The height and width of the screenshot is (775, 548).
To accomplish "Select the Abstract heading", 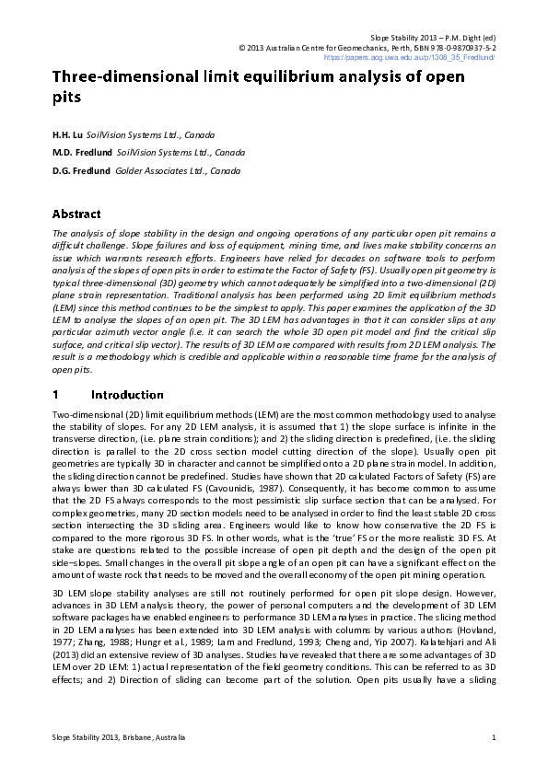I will [x=76, y=214].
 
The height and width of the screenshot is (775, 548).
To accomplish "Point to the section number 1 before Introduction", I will [x=56, y=394].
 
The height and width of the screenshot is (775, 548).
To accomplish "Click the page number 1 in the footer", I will [x=495, y=737].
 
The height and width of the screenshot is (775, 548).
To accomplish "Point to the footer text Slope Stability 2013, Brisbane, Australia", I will [x=119, y=737].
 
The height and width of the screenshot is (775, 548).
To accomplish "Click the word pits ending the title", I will [x=66, y=97].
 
